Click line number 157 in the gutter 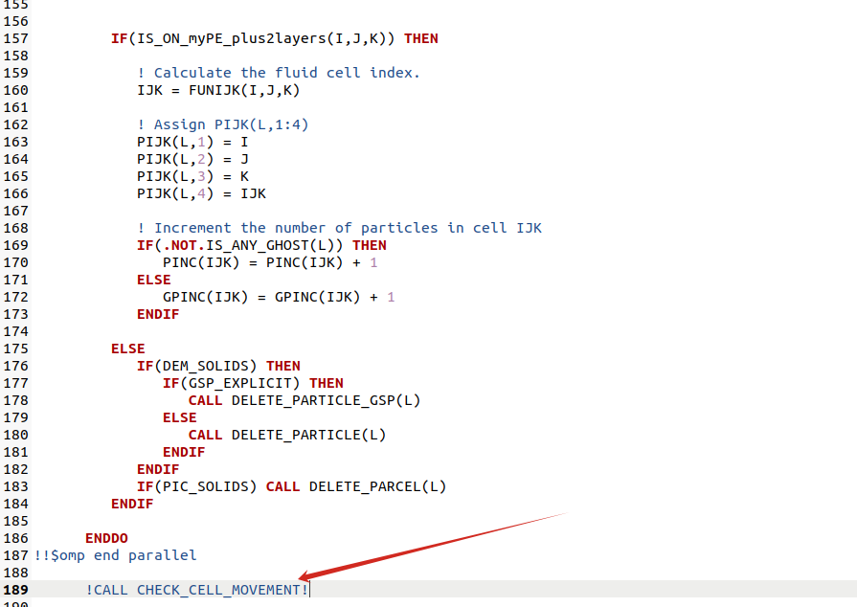pos(15,38)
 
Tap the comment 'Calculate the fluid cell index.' pos(287,73)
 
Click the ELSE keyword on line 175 pos(128,348)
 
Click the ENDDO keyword pos(106,538)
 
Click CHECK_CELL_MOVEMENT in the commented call pos(218,590)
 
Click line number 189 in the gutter pos(15,590)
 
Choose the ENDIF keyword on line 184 pos(132,504)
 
